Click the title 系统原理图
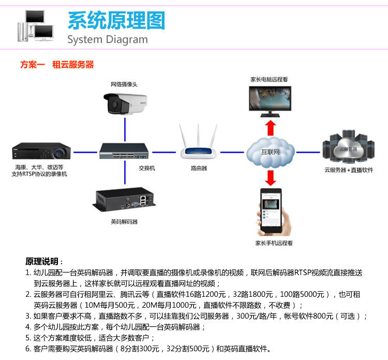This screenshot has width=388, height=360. pyautogui.click(x=116, y=20)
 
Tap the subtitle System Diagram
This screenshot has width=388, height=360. pyautogui.click(x=108, y=40)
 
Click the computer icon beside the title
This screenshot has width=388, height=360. pyautogui.click(x=36, y=26)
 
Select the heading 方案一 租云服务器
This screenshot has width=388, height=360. pyautogui.click(x=57, y=65)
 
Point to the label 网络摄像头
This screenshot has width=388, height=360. pyautogui.click(x=124, y=84)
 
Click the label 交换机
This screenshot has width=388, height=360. pyautogui.click(x=146, y=168)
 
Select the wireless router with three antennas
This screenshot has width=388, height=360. pyautogui.click(x=199, y=145)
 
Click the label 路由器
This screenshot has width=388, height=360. pyautogui.click(x=199, y=168)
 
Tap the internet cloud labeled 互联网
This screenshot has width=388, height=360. pyautogui.click(x=270, y=151)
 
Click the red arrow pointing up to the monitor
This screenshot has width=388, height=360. pyautogui.click(x=270, y=127)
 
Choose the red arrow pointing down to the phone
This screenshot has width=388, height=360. pyautogui.click(x=270, y=177)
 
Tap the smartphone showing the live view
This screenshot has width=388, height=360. pyautogui.click(x=271, y=212)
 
